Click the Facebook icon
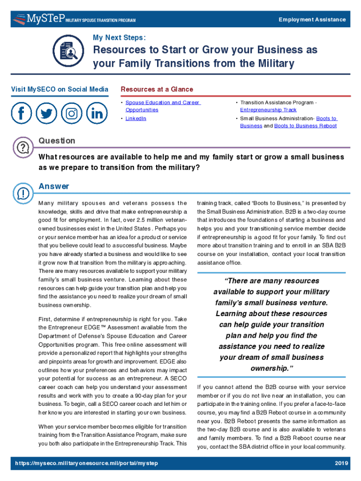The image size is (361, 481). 22,113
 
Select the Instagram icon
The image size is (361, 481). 72,113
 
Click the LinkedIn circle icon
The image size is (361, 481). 97,113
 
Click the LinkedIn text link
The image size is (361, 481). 135,118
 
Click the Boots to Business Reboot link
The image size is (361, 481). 305,126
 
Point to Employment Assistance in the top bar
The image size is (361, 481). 312,19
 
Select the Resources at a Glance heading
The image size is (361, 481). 157,89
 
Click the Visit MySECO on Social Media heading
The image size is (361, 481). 60,89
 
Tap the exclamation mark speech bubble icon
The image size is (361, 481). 23,193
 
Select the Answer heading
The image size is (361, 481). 53,186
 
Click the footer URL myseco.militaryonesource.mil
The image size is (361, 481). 86,463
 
